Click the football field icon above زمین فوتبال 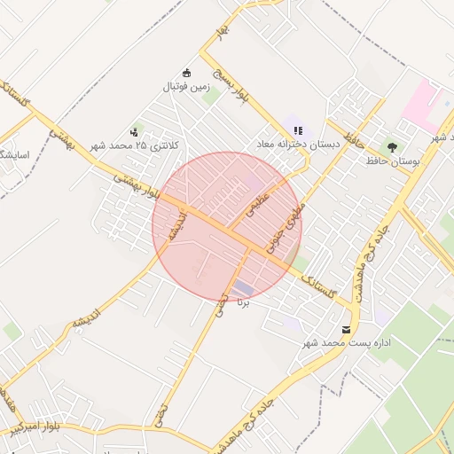pos(186,73)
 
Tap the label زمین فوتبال pos(185,87)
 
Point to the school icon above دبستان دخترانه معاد pos(298,129)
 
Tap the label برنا pos(244,302)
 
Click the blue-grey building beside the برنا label pos(243,288)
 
